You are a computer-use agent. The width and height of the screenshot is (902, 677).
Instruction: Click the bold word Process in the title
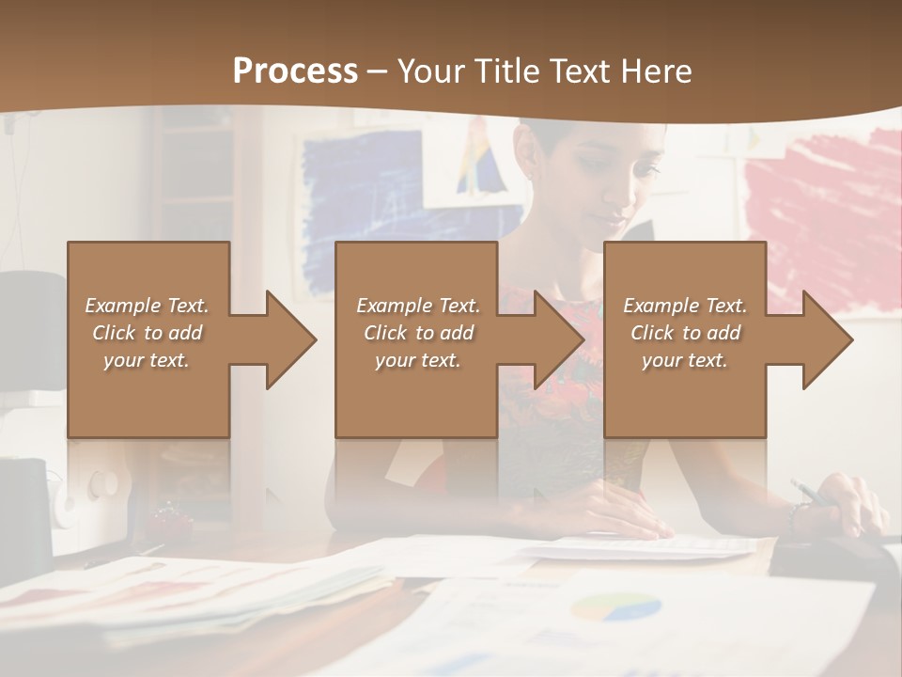pyautogui.click(x=295, y=71)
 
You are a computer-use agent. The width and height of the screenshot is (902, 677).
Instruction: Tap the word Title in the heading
pyautogui.click(x=505, y=71)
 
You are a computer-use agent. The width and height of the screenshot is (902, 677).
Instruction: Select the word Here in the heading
pyautogui.click(x=655, y=71)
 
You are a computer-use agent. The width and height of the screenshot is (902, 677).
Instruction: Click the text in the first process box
pyautogui.click(x=147, y=332)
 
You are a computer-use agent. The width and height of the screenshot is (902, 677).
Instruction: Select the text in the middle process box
pyautogui.click(x=417, y=332)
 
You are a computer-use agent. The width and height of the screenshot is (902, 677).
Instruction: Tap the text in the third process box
pyautogui.click(x=684, y=332)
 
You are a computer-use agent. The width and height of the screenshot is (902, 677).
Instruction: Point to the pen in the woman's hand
pyautogui.click(x=808, y=492)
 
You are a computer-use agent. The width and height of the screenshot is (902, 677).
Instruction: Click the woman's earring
pyautogui.click(x=530, y=176)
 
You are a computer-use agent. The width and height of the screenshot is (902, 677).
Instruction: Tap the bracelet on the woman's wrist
pyautogui.click(x=799, y=515)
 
